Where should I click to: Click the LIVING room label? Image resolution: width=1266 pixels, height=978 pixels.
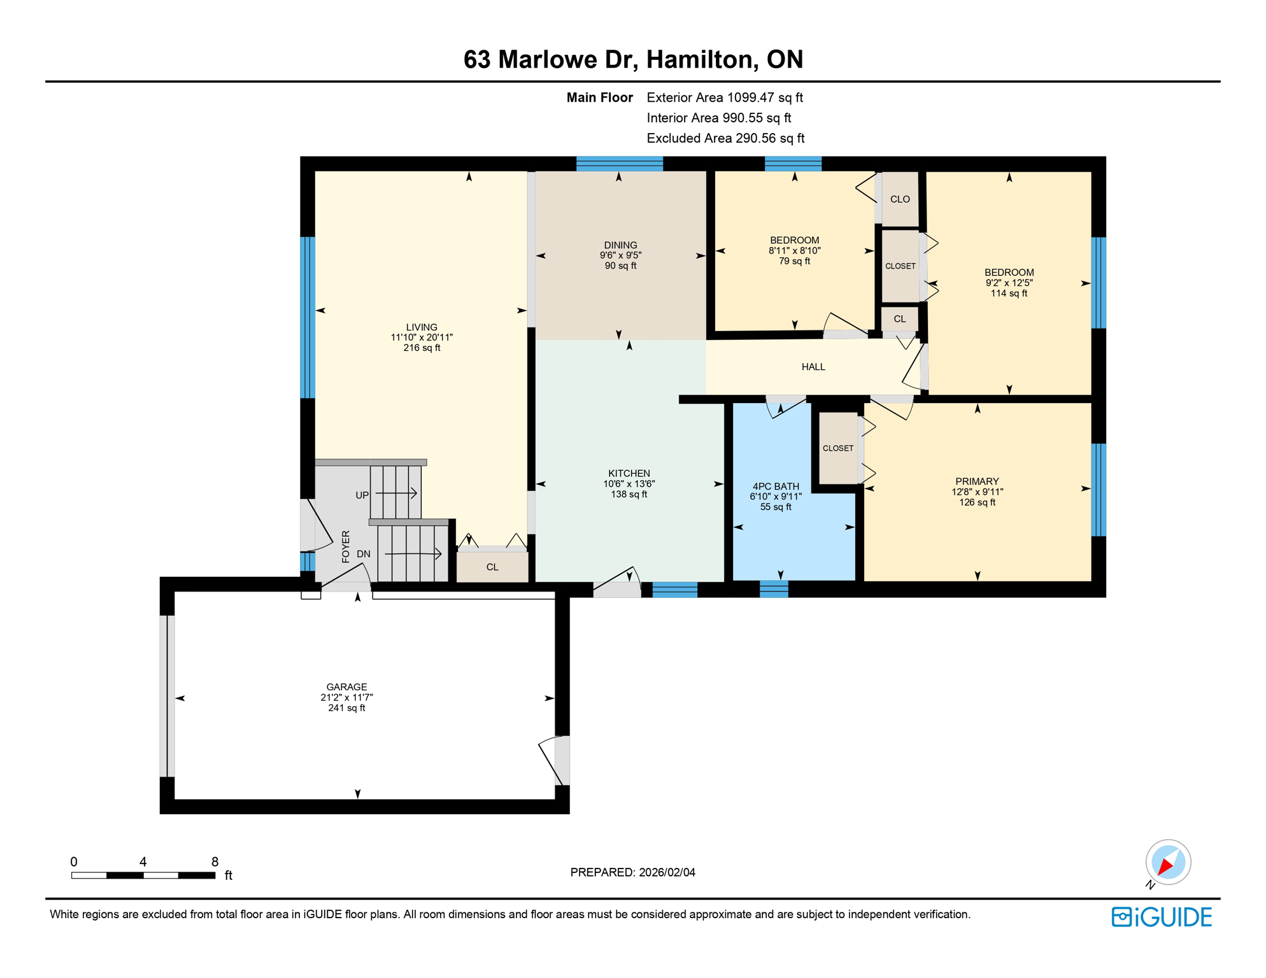pyautogui.click(x=421, y=327)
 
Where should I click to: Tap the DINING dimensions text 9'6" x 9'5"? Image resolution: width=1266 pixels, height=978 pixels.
pyautogui.click(x=620, y=255)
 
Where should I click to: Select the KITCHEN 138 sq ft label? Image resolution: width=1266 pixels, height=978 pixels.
pyautogui.click(x=629, y=495)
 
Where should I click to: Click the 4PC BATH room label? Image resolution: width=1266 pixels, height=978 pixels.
pyautogui.click(x=775, y=486)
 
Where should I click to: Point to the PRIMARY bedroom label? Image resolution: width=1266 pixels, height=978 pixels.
pyautogui.click(x=976, y=481)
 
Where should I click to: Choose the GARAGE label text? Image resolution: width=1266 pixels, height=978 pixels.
pyautogui.click(x=346, y=687)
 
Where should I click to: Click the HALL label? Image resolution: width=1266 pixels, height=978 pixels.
pyautogui.click(x=813, y=367)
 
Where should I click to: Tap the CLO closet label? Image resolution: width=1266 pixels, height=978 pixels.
pyautogui.click(x=899, y=199)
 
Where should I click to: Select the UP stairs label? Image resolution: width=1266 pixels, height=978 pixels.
pyautogui.click(x=362, y=495)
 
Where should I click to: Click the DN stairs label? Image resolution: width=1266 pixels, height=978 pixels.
pyautogui.click(x=363, y=554)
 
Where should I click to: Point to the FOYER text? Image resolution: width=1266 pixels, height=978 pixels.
pyautogui.click(x=346, y=546)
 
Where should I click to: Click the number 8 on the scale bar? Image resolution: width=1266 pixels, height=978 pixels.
pyautogui.click(x=215, y=862)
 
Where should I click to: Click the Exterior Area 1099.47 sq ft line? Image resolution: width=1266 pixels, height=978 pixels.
pyautogui.click(x=724, y=97)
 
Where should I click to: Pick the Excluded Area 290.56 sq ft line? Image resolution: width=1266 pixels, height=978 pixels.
pyautogui.click(x=725, y=138)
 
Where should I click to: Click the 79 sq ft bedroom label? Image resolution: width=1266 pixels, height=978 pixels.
pyautogui.click(x=794, y=261)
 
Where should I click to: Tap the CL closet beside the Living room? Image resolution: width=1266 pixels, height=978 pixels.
pyautogui.click(x=492, y=567)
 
